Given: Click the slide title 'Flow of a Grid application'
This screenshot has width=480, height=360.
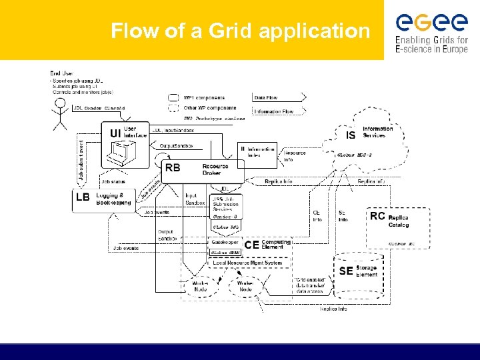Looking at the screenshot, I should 240,31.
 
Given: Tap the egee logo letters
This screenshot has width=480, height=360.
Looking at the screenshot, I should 431,23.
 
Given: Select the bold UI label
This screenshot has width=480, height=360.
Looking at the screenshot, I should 115,133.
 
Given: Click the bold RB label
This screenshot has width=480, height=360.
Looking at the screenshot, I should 172,167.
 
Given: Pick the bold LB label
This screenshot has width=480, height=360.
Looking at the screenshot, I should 83,197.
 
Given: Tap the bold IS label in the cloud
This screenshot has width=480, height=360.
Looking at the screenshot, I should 351,135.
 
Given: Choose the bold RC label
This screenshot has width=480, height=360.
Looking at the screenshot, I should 377,216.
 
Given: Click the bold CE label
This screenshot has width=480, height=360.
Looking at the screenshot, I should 251,245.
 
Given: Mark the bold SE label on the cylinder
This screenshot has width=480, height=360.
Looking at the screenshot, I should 346,271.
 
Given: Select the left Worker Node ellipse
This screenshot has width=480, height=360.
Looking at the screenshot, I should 200,286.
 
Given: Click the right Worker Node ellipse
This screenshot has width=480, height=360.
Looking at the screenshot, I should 245,286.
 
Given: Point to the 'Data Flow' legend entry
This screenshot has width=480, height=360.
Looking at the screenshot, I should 266,98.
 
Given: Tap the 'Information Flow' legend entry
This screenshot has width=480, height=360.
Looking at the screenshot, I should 273,111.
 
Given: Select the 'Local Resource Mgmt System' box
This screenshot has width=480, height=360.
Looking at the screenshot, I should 245,263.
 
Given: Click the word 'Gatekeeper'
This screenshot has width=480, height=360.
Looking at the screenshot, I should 223,245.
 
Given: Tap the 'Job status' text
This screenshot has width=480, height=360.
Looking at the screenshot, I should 114,181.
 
